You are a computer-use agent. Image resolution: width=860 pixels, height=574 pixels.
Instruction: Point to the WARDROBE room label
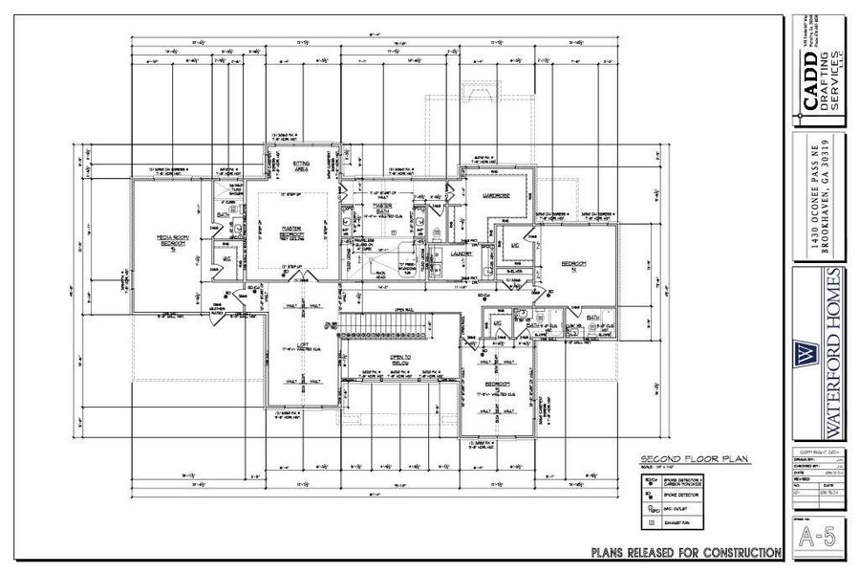click(494, 196)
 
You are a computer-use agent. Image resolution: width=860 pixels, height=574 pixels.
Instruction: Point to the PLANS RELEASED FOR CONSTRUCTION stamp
click(686, 552)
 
